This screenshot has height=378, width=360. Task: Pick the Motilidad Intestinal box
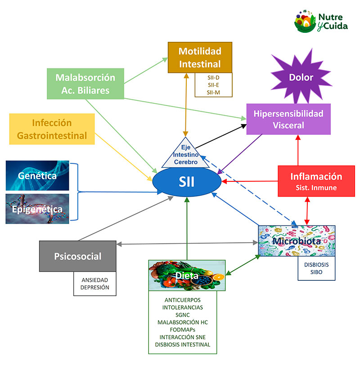[200, 57]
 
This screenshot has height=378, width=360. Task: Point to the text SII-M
[214, 92]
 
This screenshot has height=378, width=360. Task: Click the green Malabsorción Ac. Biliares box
[85, 83]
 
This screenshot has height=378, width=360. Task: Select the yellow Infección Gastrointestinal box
[52, 129]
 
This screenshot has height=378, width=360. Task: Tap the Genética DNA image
[37, 175]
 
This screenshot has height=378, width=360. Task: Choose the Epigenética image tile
[37, 209]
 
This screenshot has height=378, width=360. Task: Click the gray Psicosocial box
[77, 256]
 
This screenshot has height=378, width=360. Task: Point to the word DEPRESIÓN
[95, 288]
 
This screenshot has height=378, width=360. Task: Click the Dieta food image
[187, 274]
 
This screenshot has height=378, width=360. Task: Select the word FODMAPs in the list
[182, 330]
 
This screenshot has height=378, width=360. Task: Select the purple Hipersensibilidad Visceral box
[288, 119]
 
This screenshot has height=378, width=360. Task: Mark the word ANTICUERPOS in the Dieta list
[182, 300]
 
